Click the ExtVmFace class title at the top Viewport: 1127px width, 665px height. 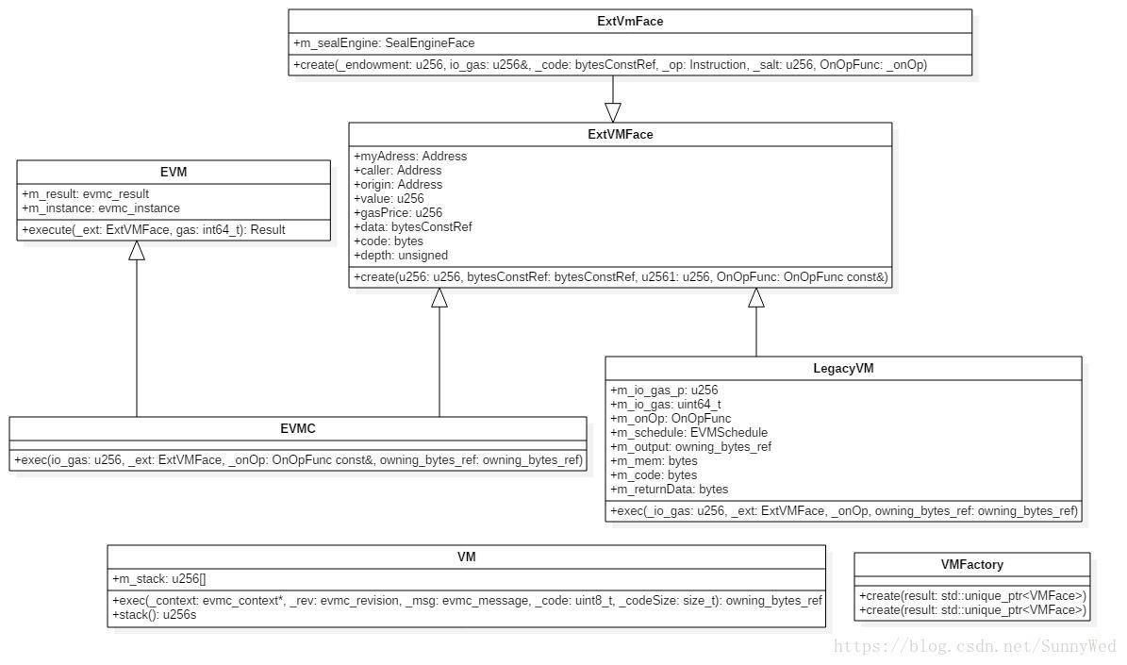coord(630,22)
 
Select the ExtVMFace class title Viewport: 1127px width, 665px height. coord(621,135)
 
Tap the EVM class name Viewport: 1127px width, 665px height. coord(174,172)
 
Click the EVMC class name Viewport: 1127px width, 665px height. coord(298,428)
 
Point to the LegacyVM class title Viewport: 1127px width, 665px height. coord(843,368)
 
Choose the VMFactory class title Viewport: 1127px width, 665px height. coord(971,564)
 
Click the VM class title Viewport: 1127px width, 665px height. coord(467,557)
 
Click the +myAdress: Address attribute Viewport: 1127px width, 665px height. coord(410,156)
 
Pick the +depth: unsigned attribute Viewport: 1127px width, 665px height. coord(401,256)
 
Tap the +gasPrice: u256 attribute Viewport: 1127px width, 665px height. coord(398,213)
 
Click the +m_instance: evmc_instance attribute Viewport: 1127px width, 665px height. coord(101,208)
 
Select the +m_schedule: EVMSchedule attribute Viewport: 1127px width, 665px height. coord(688,433)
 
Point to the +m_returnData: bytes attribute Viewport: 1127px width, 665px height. coord(670,490)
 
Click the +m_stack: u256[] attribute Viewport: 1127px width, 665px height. coord(158,579)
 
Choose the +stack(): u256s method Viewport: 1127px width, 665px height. coord(154,615)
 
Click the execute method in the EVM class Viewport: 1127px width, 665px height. coord(153,230)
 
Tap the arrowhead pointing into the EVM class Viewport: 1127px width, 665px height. coord(137,250)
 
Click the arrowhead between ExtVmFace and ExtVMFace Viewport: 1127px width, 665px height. coord(613,113)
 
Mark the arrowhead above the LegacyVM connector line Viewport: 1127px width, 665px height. coord(756,298)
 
